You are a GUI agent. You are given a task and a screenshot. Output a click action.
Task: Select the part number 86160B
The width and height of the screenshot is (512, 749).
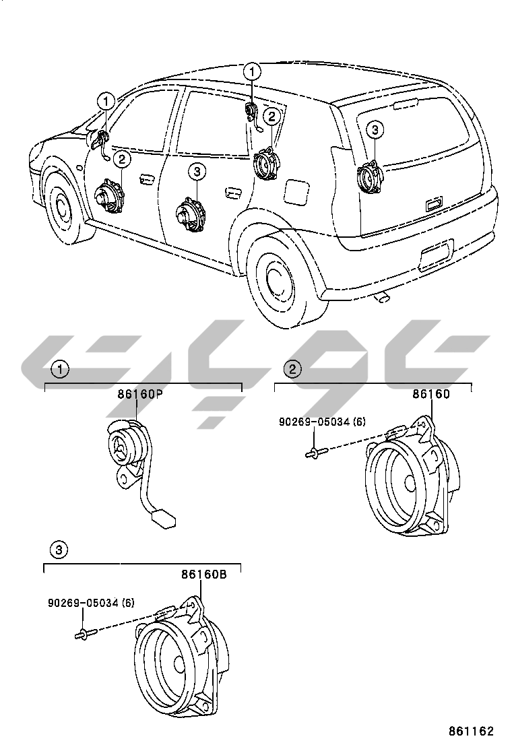pyautogui.click(x=203, y=575)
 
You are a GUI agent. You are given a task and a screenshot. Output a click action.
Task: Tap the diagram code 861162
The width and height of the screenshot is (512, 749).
pyautogui.click(x=472, y=730)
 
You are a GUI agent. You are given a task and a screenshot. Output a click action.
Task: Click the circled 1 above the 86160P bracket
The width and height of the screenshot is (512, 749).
pyautogui.click(x=60, y=369)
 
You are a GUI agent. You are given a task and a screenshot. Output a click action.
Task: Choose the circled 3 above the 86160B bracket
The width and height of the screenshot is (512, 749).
pyautogui.click(x=60, y=550)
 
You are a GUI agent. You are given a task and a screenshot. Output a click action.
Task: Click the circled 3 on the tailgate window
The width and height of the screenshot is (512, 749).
pyautogui.click(x=375, y=129)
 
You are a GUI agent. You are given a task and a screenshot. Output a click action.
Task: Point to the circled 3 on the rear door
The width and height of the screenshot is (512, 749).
pyautogui.click(x=196, y=172)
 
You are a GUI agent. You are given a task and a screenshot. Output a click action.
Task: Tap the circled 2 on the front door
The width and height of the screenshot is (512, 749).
pyautogui.click(x=122, y=159)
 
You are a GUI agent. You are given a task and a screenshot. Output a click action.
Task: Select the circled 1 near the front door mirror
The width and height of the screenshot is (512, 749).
pyautogui.click(x=106, y=102)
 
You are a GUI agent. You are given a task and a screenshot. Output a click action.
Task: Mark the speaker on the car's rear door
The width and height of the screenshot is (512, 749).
pyautogui.click(x=189, y=215)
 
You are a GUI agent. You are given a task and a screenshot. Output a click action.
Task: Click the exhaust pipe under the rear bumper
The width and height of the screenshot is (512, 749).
pyautogui.click(x=383, y=296)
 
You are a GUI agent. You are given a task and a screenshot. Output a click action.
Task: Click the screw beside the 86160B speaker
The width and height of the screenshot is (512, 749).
pyautogui.click(x=85, y=634)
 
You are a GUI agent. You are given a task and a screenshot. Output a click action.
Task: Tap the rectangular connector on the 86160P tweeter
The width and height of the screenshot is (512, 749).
pyautogui.click(x=162, y=519)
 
